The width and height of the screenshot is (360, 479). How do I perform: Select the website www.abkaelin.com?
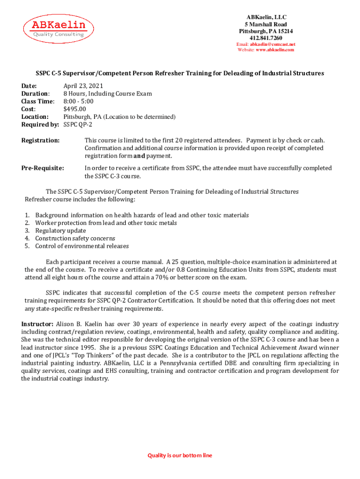[x=275, y=50]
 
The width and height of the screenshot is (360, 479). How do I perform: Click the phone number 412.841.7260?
[x=266, y=38]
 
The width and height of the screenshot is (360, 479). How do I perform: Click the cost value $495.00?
[x=75, y=109]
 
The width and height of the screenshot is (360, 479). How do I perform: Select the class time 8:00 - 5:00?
[x=79, y=101]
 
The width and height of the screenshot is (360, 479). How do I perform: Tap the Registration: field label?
[x=41, y=140]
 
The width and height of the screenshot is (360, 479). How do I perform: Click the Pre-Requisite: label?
[x=43, y=168]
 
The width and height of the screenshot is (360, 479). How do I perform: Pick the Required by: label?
[x=40, y=124]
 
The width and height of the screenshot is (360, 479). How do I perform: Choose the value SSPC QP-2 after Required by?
[x=78, y=124]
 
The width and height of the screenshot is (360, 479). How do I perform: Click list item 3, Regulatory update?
[x=60, y=231]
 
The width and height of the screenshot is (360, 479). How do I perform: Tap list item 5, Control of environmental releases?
[x=82, y=246]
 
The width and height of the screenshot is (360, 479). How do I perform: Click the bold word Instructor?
[x=37, y=324]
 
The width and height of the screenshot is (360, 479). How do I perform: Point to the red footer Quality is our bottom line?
[x=180, y=455]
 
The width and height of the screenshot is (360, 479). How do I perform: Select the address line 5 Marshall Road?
[x=266, y=24]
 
